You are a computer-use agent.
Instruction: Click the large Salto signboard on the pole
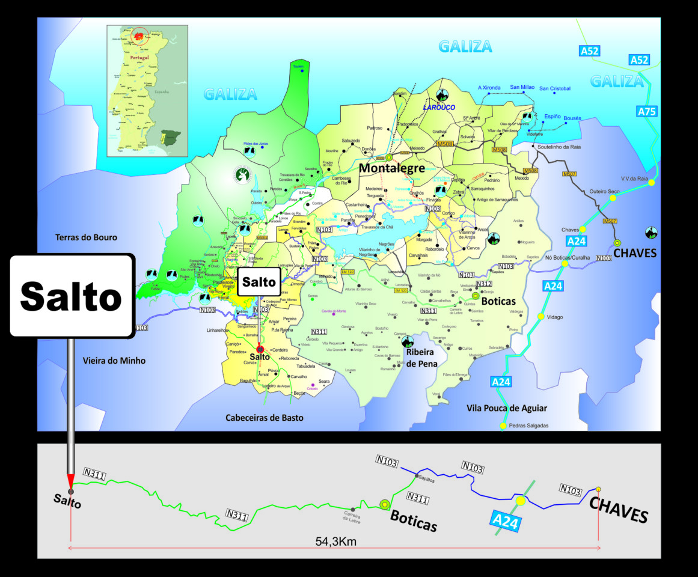(72, 296)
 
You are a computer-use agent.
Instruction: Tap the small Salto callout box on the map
(259, 282)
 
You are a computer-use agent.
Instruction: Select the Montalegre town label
(391, 168)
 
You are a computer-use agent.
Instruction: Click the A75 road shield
(647, 111)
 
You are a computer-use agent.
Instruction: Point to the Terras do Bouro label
(86, 237)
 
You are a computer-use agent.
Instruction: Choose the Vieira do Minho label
(114, 361)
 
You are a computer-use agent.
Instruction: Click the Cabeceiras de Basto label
(265, 418)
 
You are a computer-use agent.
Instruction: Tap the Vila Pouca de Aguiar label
(507, 408)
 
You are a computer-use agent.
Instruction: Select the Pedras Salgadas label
(528, 426)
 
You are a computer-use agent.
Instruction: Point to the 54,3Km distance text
(336, 541)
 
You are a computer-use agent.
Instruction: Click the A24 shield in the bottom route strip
(505, 521)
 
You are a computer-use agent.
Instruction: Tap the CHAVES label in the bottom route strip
(619, 509)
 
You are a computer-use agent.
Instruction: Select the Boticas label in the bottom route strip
(413, 521)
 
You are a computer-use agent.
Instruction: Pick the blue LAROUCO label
(441, 108)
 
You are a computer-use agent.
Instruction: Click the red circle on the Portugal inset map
(139, 35)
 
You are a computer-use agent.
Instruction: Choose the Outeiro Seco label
(605, 191)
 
